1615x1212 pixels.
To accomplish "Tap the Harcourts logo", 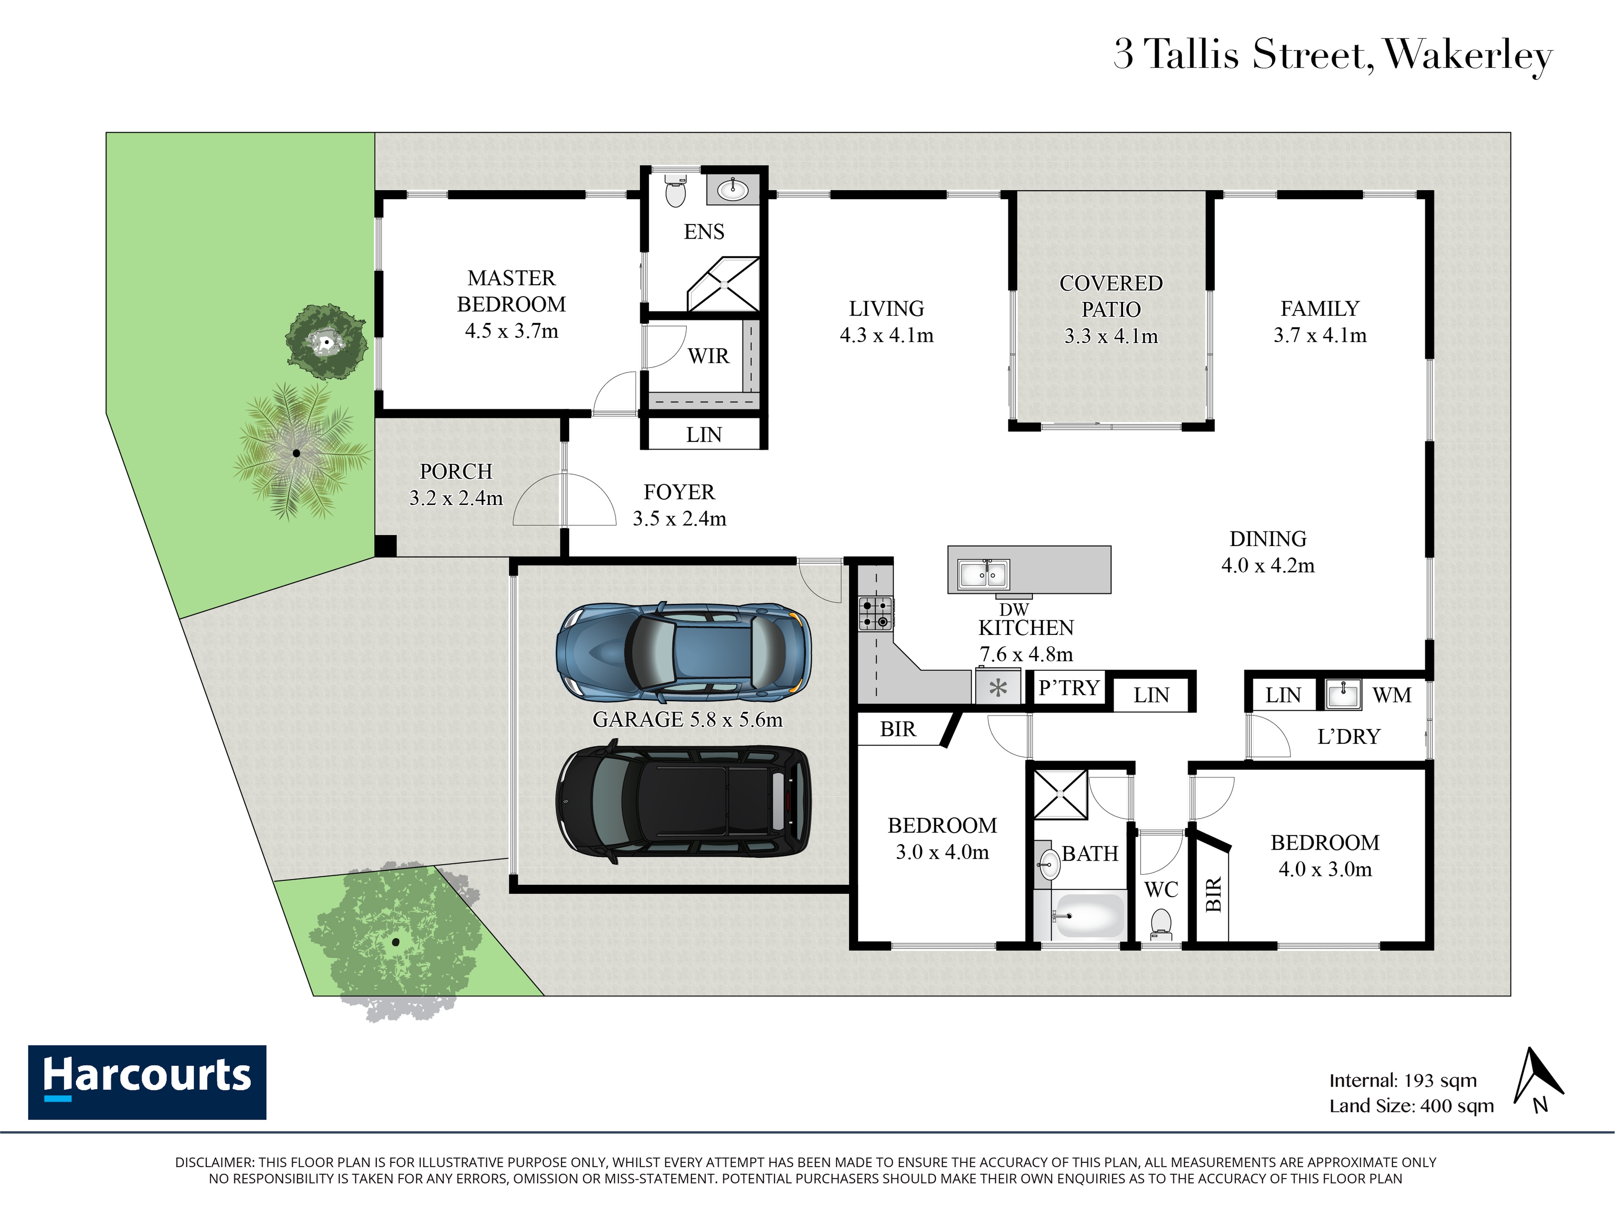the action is [147, 1082].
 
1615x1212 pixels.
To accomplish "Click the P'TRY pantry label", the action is [1069, 688].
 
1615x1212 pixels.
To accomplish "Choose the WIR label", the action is [708, 356].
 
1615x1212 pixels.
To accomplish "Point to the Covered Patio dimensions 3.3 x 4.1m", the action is [1110, 336].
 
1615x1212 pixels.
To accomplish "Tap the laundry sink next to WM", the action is [1342, 694].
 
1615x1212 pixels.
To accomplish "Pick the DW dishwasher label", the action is [1014, 609].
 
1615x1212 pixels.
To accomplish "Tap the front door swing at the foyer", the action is [564, 500].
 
